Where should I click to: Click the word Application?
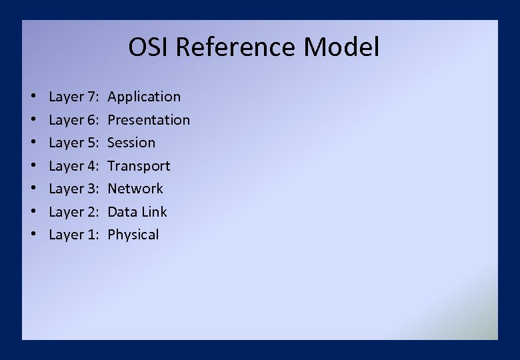pos(144,97)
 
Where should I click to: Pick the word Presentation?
pos(149,120)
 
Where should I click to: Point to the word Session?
pos(131,143)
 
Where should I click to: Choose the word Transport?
pos(139,166)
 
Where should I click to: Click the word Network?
pos(135,189)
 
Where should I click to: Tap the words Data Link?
pos(137,212)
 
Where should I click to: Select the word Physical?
pos(133,235)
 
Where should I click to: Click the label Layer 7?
pos(74,97)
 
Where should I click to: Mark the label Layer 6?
pos(74,120)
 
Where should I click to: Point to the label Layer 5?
pos(74,143)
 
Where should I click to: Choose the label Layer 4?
pos(74,166)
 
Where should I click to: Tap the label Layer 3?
pos(74,189)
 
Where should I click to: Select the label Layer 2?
pos(74,212)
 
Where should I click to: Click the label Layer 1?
pos(74,235)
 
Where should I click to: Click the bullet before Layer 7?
pos(33,97)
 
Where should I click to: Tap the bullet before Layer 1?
pos(33,235)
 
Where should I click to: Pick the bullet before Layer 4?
pos(33,167)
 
